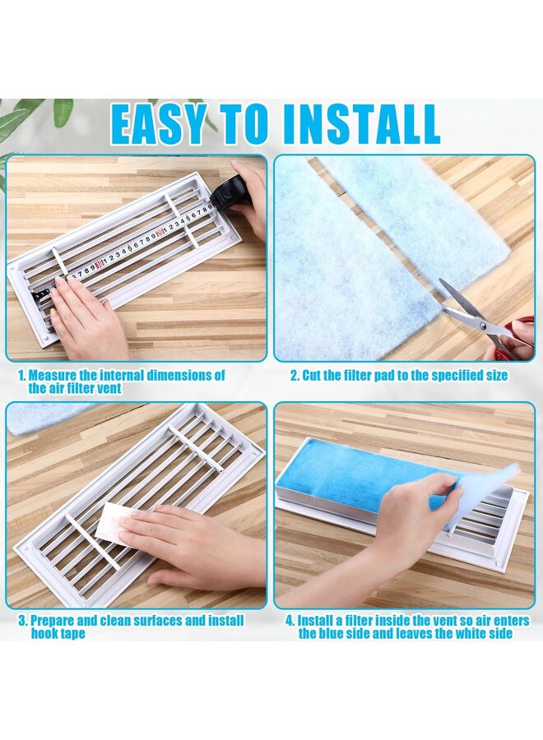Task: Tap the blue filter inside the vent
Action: (354, 476)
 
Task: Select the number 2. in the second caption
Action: (294, 376)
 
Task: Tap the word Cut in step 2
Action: (314, 376)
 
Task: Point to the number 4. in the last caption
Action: (290, 621)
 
